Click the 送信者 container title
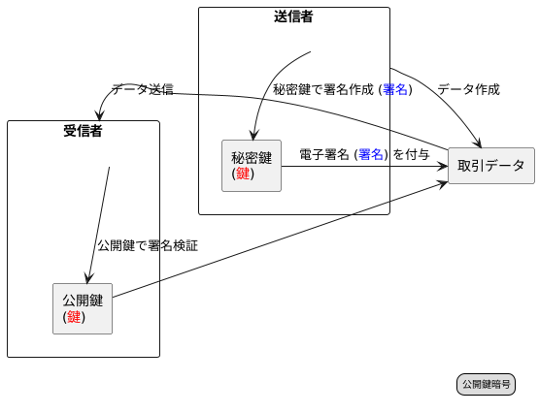pyautogui.click(x=293, y=16)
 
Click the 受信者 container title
pyautogui.click(x=83, y=130)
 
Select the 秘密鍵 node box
pyautogui.click(x=252, y=166)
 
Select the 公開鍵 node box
pyautogui.click(x=83, y=308)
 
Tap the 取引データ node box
pyautogui.click(x=490, y=166)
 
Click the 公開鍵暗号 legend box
pyautogui.click(x=486, y=385)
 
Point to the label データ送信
pyautogui.click(x=142, y=89)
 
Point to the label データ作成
pyautogui.click(x=468, y=89)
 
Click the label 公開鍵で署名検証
pyautogui.click(x=148, y=246)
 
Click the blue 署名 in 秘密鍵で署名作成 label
pyautogui.click(x=395, y=89)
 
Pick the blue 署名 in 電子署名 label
pyautogui.click(x=371, y=154)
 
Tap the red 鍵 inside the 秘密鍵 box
pyautogui.click(x=243, y=175)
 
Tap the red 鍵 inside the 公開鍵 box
pyautogui.click(x=74, y=317)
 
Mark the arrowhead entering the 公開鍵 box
pyautogui.click(x=88, y=278)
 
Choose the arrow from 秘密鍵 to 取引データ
pyautogui.click(x=364, y=167)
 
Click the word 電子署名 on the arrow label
pyautogui.click(x=324, y=154)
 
